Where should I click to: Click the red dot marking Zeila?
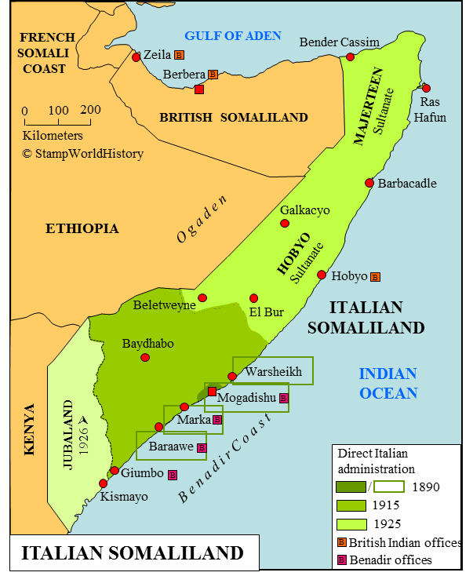pyautogui.click(x=136, y=57)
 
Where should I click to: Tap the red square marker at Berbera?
pyautogui.click(x=199, y=89)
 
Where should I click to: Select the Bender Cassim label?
pyautogui.click(x=340, y=42)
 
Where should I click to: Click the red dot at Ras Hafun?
pyautogui.click(x=426, y=87)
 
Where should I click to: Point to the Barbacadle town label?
pyautogui.click(x=407, y=184)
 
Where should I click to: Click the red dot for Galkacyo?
pyautogui.click(x=285, y=224)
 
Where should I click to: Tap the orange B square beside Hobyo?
pyautogui.click(x=375, y=276)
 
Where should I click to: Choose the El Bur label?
pyautogui.click(x=266, y=312)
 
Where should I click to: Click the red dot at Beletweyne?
pyautogui.click(x=202, y=297)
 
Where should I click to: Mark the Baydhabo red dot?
pyautogui.click(x=145, y=358)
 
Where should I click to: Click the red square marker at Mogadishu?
pyautogui.click(x=212, y=391)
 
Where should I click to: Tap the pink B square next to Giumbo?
pyautogui.click(x=173, y=474)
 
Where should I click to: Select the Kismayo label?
pyautogui.click(x=124, y=496)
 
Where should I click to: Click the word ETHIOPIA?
pyautogui.click(x=82, y=228)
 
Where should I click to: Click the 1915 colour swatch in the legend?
pyautogui.click(x=352, y=505)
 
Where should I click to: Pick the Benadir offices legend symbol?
pyautogui.click(x=342, y=560)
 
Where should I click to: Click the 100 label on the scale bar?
pyautogui.click(x=59, y=110)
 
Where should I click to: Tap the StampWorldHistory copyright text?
pyautogui.click(x=82, y=154)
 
